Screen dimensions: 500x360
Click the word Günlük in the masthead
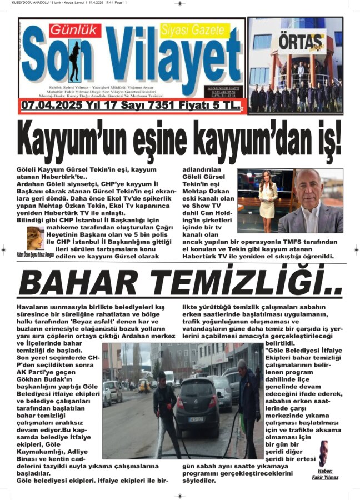(x=68, y=31)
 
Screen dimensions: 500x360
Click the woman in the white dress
(x=268, y=201)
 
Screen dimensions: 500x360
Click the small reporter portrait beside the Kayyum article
(x=35, y=238)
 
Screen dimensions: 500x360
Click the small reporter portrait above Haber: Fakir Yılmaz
(x=323, y=453)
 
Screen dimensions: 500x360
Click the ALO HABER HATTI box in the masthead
(x=226, y=91)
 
